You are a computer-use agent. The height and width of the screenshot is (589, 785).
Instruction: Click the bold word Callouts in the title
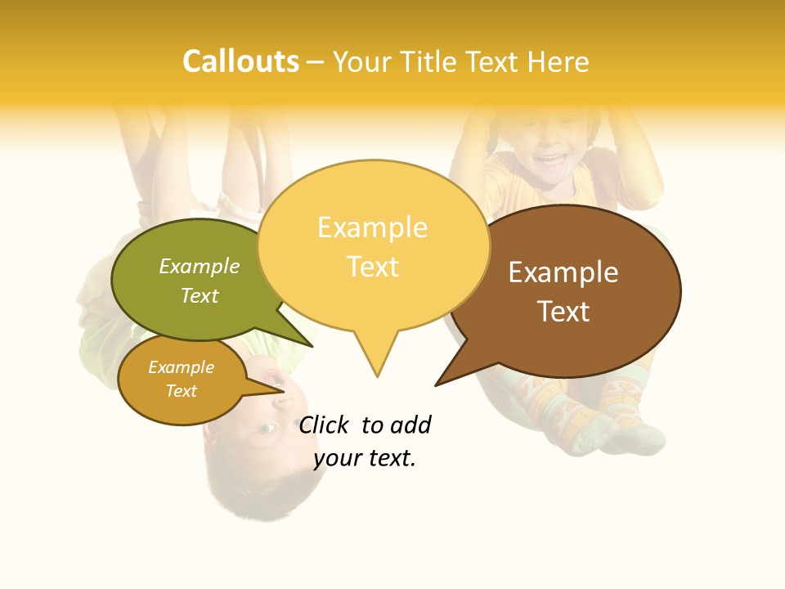coord(240,61)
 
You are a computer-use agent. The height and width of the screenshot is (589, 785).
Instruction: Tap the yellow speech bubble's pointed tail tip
coord(377,376)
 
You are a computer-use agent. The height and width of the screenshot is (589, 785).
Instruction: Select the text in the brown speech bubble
coord(563,291)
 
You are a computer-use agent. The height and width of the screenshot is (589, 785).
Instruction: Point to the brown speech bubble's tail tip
coord(436,385)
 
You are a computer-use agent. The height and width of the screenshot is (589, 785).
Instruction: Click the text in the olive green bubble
coord(200,281)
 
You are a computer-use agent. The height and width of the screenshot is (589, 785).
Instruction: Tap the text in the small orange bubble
coord(182,379)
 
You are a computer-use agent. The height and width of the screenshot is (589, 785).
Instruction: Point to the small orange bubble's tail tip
coord(285,391)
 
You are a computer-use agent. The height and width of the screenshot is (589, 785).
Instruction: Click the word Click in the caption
coord(325,425)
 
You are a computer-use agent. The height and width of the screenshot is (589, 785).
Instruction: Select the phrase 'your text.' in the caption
coord(365,459)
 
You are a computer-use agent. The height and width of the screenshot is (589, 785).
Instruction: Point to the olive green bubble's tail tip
coord(312,347)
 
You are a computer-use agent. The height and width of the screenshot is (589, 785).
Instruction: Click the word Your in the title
coord(361,61)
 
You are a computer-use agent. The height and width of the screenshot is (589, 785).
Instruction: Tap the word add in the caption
coord(409,425)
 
